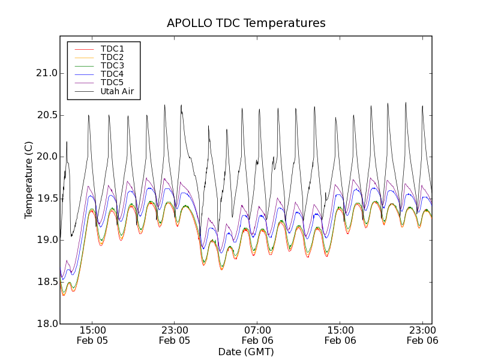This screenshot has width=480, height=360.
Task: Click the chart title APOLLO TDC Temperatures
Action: point(246,23)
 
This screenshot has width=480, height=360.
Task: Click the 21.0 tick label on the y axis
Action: point(46,73)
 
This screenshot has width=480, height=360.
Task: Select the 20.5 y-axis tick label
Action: point(46,115)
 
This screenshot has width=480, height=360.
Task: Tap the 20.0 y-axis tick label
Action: point(46,157)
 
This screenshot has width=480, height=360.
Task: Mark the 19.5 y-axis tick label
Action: point(46,199)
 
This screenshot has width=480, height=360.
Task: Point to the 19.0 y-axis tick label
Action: point(46,240)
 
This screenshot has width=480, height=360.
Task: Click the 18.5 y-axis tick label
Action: point(46,282)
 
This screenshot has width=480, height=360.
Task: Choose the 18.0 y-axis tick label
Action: point(46,323)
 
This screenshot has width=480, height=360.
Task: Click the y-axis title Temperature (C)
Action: point(29,180)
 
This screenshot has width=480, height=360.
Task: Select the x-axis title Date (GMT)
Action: point(246,352)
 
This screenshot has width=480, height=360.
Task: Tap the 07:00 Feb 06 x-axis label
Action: point(257,335)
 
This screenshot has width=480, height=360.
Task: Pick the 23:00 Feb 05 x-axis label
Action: point(175,335)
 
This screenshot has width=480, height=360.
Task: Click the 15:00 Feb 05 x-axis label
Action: point(92,335)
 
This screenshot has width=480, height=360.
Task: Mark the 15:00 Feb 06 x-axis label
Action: point(340,335)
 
